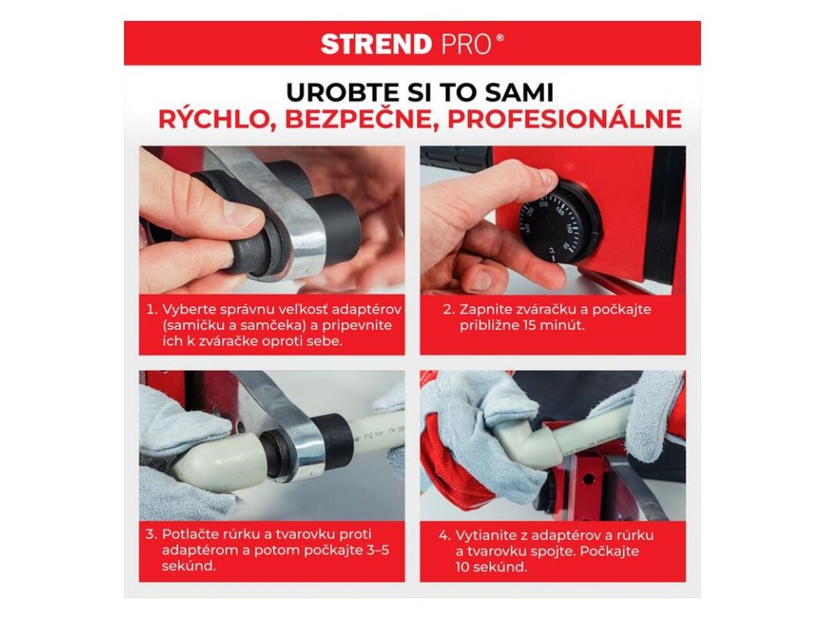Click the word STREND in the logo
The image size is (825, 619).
click(376, 44)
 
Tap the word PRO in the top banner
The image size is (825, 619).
click(466, 44)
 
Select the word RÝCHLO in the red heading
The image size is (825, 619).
click(218, 118)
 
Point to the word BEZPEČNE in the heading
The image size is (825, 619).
click(362, 118)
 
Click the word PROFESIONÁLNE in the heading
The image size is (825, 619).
click(564, 118)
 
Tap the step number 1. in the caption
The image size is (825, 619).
click(152, 309)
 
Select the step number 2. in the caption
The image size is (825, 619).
click(449, 309)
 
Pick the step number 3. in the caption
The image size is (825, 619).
click(151, 535)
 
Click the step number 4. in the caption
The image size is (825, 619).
click(445, 536)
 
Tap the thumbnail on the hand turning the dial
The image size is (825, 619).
click(546, 177)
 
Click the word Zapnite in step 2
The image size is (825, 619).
click(482, 309)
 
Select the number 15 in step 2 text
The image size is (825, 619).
click(530, 326)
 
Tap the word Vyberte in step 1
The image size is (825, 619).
click(184, 309)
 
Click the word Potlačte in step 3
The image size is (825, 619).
click(189, 535)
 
